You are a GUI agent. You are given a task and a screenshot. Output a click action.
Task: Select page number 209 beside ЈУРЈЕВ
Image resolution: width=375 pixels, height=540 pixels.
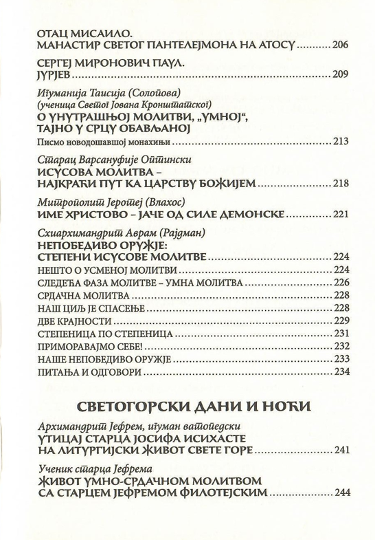341,75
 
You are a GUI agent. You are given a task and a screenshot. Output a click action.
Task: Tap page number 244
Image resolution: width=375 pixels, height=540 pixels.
341,494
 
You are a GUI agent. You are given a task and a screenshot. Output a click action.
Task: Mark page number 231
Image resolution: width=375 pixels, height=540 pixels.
341,334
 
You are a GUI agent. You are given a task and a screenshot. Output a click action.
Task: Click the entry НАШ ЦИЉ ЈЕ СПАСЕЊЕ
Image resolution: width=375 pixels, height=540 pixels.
82,308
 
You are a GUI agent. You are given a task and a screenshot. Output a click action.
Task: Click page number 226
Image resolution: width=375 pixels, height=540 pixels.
341,283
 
